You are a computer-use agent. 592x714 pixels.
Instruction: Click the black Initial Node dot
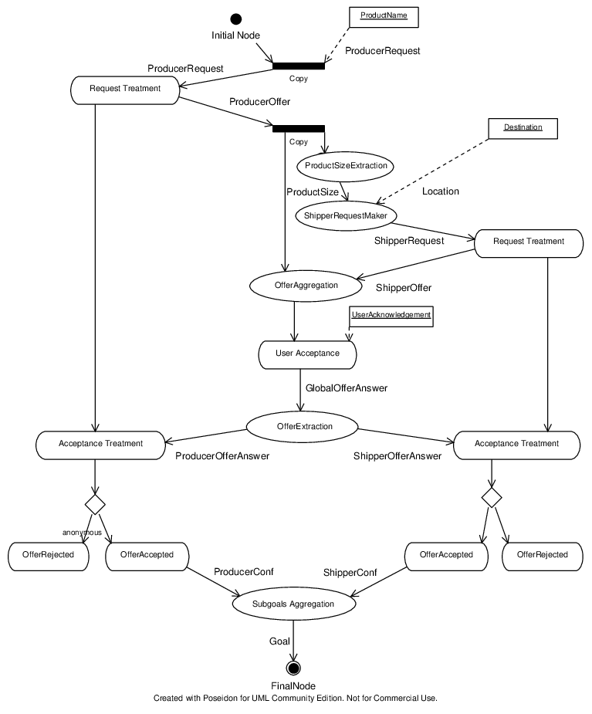(x=236, y=19)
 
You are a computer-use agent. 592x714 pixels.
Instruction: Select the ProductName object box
(x=384, y=17)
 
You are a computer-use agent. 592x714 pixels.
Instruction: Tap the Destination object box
(x=523, y=129)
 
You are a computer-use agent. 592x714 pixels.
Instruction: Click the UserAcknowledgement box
(x=391, y=316)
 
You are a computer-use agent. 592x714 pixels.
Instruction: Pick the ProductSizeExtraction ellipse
(x=345, y=166)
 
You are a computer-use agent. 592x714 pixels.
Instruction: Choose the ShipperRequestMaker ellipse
(x=345, y=216)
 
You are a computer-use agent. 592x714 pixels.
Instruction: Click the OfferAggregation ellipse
(x=306, y=286)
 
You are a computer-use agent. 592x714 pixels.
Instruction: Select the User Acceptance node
(x=307, y=355)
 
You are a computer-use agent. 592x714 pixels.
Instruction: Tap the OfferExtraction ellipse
(x=303, y=427)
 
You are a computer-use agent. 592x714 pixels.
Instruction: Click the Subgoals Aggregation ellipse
(x=294, y=604)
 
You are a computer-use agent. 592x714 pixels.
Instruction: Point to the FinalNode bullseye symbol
(x=294, y=668)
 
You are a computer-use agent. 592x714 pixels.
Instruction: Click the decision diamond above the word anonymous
(x=95, y=505)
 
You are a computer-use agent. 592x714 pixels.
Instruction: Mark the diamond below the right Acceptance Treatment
(x=492, y=497)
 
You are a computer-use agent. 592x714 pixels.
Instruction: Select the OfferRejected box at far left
(x=49, y=557)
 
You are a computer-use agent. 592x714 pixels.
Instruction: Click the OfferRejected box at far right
(x=543, y=557)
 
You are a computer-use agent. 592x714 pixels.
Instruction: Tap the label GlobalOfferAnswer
(x=347, y=388)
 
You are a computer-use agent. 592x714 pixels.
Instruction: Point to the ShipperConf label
(x=350, y=573)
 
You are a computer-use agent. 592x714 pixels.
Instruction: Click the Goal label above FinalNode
(x=279, y=641)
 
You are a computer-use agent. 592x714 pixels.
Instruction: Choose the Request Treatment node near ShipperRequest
(x=529, y=244)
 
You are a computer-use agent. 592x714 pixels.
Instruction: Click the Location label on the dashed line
(x=441, y=191)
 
